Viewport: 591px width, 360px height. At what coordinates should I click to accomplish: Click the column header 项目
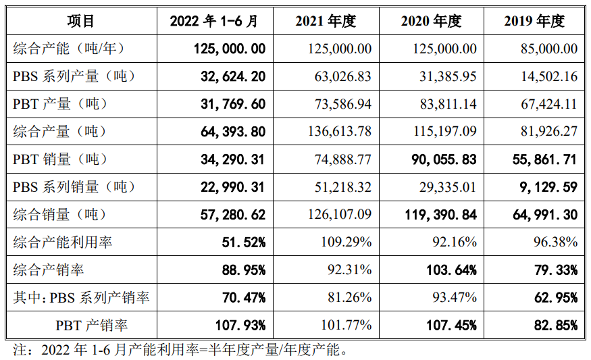tap(81, 21)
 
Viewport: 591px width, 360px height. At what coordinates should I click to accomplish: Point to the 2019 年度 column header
tap(534, 21)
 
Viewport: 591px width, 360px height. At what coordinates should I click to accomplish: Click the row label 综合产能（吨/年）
tap(69, 49)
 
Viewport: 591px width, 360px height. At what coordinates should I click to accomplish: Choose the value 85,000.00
tap(546, 49)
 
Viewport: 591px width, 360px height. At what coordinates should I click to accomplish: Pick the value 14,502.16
tap(546, 76)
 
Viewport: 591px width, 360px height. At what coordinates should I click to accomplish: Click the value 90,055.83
tap(440, 159)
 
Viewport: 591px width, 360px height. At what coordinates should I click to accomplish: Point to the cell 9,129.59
tap(549, 187)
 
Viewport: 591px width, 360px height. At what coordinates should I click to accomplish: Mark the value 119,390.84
tap(436, 215)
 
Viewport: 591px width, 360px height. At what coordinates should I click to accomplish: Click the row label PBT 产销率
tap(92, 325)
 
